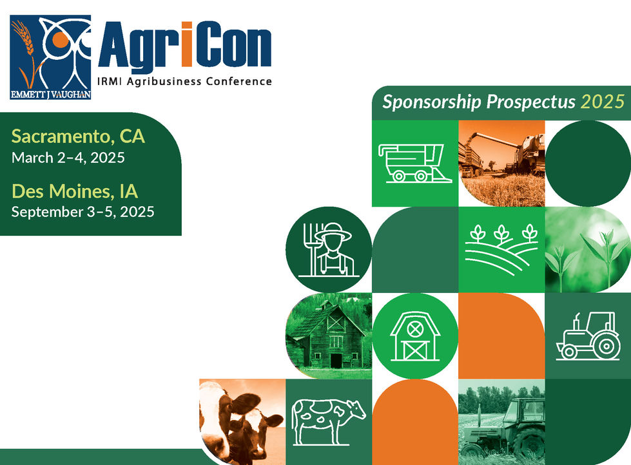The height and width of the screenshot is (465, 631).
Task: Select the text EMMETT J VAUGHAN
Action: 50,95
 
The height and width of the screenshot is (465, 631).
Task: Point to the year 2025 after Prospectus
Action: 602,102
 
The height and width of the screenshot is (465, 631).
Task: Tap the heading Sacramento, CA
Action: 78,137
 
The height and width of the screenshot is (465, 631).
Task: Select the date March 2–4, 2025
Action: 68,157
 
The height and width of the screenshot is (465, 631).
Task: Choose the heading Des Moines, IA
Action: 75,191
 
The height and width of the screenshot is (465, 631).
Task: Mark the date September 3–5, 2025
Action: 83,211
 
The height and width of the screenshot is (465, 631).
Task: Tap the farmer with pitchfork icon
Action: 329,249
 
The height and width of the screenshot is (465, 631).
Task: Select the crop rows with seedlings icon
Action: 501,249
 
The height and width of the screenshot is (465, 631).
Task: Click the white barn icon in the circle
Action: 414,336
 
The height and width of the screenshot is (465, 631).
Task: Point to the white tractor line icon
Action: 587,336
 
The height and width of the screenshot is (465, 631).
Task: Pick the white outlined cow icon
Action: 328,419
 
